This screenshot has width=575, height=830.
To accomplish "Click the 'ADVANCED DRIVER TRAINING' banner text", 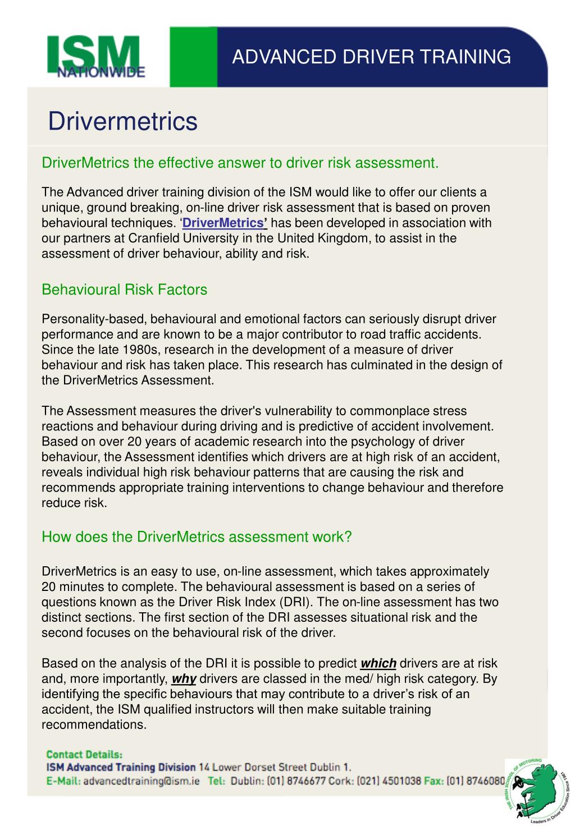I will (371, 57).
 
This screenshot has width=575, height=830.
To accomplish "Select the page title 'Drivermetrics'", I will (122, 121).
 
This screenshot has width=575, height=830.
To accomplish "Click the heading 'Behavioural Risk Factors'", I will (124, 290).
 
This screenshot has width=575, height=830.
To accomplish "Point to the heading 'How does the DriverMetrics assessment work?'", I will (197, 536).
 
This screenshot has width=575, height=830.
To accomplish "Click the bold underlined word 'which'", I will (378, 663).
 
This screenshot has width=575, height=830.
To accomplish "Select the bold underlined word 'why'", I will (184, 678).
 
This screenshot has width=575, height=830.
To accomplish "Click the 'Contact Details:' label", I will (84, 754).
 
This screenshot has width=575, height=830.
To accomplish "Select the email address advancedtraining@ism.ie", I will (142, 781).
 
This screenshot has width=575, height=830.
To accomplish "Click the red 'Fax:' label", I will (433, 781).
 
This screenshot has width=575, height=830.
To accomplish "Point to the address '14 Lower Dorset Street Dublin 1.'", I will (275, 767).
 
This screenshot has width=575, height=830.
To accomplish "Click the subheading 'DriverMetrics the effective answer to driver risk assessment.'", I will (240, 163).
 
